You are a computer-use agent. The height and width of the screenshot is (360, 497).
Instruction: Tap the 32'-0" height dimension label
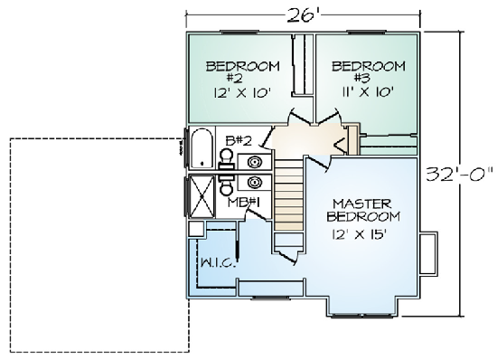(x=459, y=174)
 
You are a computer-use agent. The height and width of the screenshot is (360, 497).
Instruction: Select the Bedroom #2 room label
(x=243, y=71)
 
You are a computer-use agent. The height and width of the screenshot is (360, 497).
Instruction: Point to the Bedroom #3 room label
(x=369, y=71)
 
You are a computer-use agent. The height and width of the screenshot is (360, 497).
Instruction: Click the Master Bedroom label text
(x=363, y=210)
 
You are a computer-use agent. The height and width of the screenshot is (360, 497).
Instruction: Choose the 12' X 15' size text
(x=359, y=234)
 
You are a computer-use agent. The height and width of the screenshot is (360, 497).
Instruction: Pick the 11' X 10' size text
(x=368, y=92)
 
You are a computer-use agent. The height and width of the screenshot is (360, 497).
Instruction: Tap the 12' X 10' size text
(x=242, y=93)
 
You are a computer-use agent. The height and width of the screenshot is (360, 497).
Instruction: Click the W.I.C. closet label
(x=219, y=263)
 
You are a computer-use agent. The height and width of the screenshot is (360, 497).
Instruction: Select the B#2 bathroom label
(x=239, y=140)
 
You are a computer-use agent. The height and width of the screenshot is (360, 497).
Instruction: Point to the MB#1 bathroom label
(x=244, y=203)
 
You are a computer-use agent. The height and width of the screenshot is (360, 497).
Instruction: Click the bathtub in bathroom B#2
(x=202, y=147)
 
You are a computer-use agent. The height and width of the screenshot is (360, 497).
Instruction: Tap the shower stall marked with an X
(x=202, y=196)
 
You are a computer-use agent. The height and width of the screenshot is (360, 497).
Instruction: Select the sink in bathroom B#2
(x=255, y=163)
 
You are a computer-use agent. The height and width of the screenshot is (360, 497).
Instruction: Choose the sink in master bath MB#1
(x=255, y=183)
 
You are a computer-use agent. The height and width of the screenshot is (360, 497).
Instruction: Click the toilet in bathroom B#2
(x=227, y=159)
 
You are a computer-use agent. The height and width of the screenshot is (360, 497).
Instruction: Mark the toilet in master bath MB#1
(x=227, y=185)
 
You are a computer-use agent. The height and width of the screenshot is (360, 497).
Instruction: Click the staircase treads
(x=288, y=194)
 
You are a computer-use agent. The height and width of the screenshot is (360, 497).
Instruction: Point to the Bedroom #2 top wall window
(x=239, y=32)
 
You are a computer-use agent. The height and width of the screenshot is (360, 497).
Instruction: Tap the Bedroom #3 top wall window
(x=367, y=32)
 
